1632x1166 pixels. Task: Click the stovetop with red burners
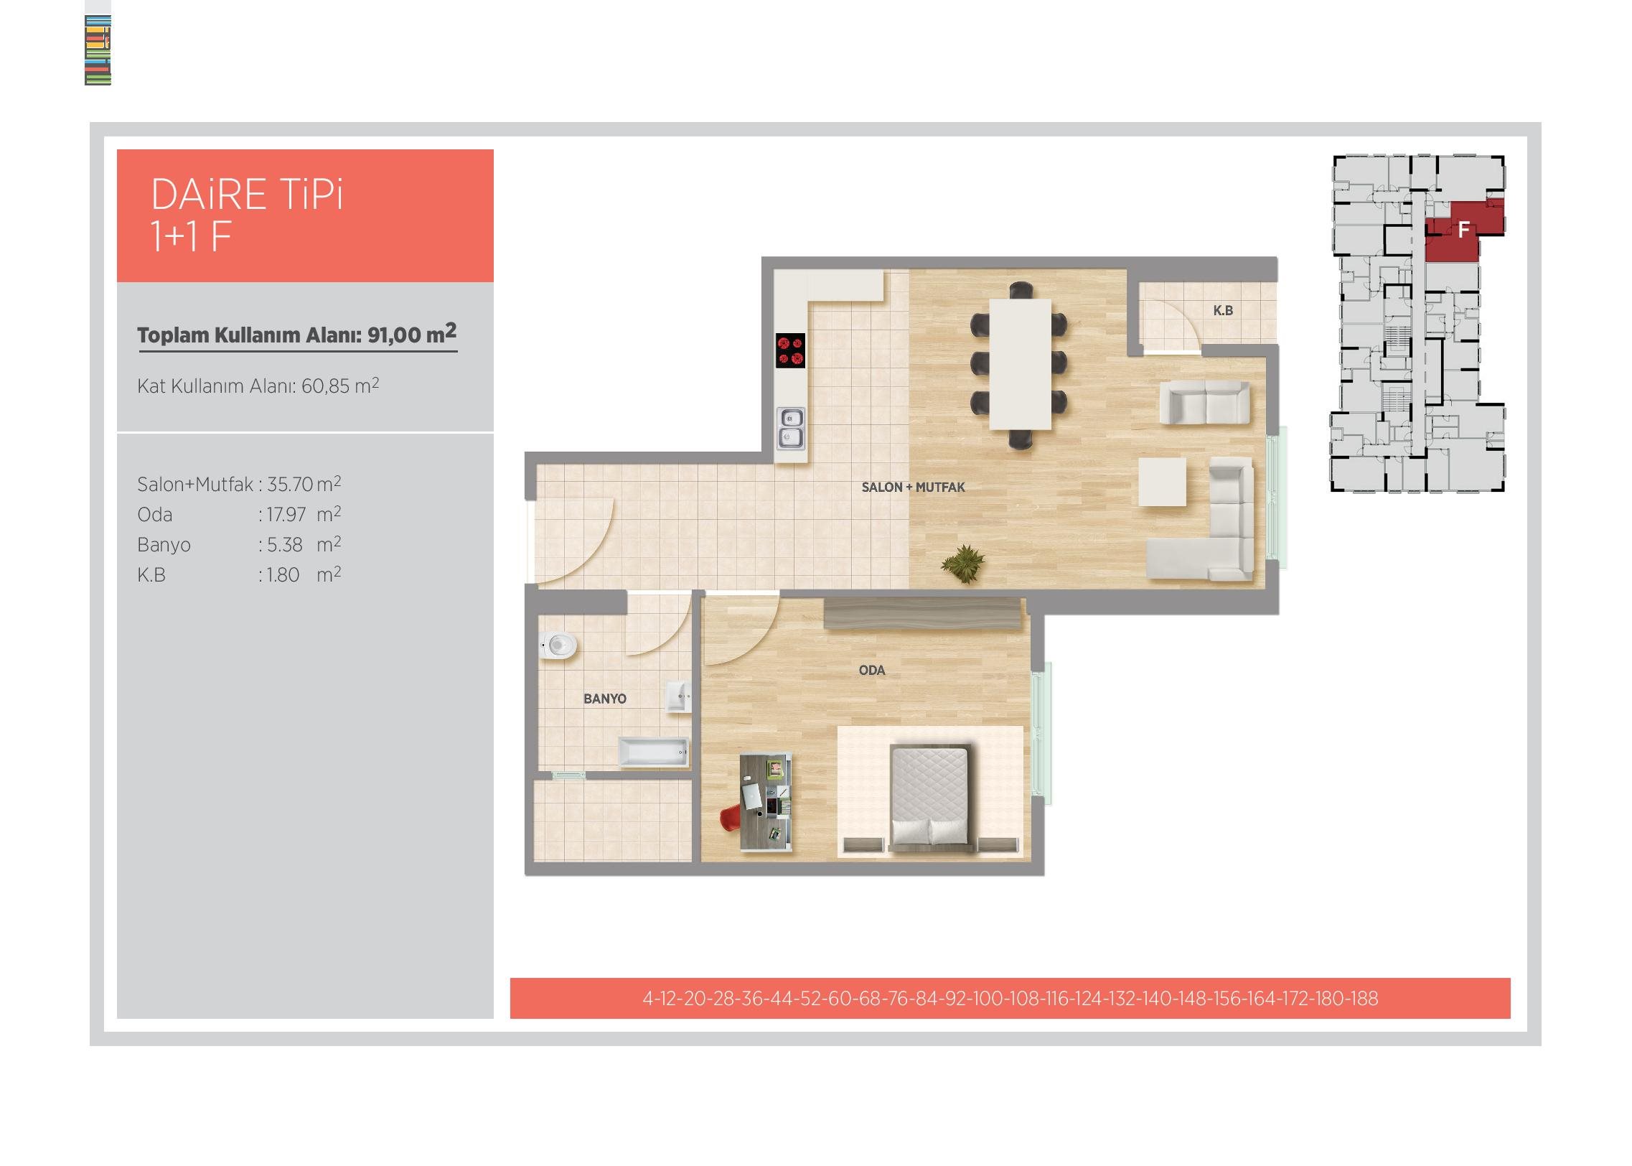pyautogui.click(x=790, y=350)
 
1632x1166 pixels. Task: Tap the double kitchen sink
pyautogui.click(x=791, y=428)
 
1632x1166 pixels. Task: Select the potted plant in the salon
pyautogui.click(x=962, y=564)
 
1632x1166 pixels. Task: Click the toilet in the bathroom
pyautogui.click(x=558, y=645)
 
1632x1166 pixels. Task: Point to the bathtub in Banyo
pyautogui.click(x=653, y=752)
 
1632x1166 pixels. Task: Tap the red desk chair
pyautogui.click(x=730, y=818)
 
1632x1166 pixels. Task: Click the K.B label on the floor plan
pyautogui.click(x=1223, y=310)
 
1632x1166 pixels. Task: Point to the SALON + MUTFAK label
pyautogui.click(x=913, y=487)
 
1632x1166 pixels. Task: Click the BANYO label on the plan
pyautogui.click(x=605, y=699)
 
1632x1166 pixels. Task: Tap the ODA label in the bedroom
pyautogui.click(x=872, y=671)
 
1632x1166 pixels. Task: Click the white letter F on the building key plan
pyautogui.click(x=1464, y=230)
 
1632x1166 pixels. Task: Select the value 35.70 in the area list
pyautogui.click(x=290, y=485)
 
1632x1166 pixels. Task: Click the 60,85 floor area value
pyautogui.click(x=325, y=386)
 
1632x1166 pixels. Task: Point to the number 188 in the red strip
pyautogui.click(x=1363, y=999)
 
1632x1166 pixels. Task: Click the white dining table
pyautogui.click(x=1021, y=364)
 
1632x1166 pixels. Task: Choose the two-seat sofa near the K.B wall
pyautogui.click(x=1205, y=403)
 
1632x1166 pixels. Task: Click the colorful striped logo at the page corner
pyautogui.click(x=98, y=50)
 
